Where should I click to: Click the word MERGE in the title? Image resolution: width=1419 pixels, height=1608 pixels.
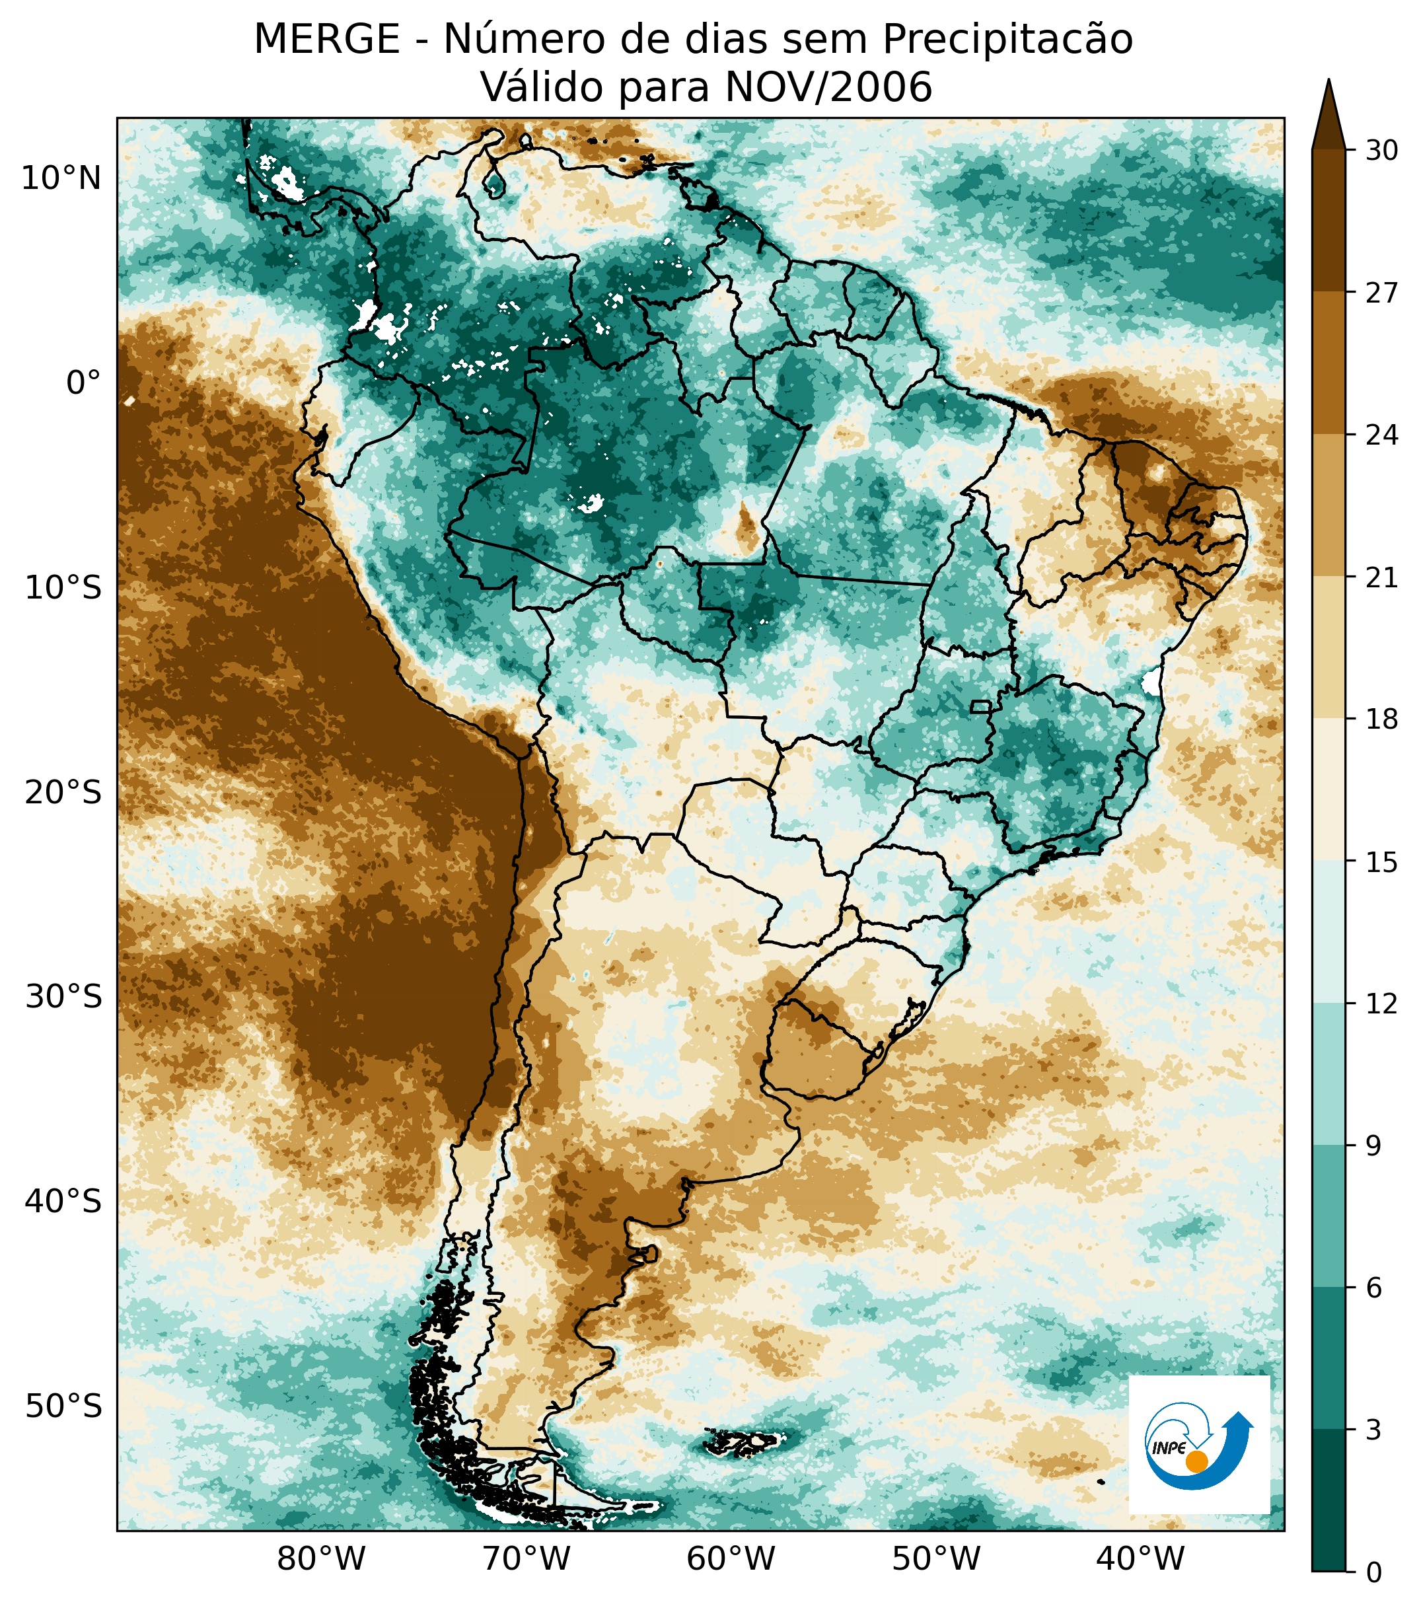[326, 40]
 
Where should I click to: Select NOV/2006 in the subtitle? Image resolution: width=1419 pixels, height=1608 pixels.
[828, 87]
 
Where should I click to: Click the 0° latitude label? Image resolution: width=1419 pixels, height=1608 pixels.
[83, 384]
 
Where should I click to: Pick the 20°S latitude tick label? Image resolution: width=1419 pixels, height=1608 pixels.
[63, 792]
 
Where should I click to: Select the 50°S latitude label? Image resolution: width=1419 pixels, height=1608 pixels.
[63, 1405]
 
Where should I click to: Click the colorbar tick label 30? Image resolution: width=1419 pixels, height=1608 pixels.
[1381, 150]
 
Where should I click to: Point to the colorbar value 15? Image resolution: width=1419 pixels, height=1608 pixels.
[1381, 862]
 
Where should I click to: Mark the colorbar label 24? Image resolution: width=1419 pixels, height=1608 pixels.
[1381, 435]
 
